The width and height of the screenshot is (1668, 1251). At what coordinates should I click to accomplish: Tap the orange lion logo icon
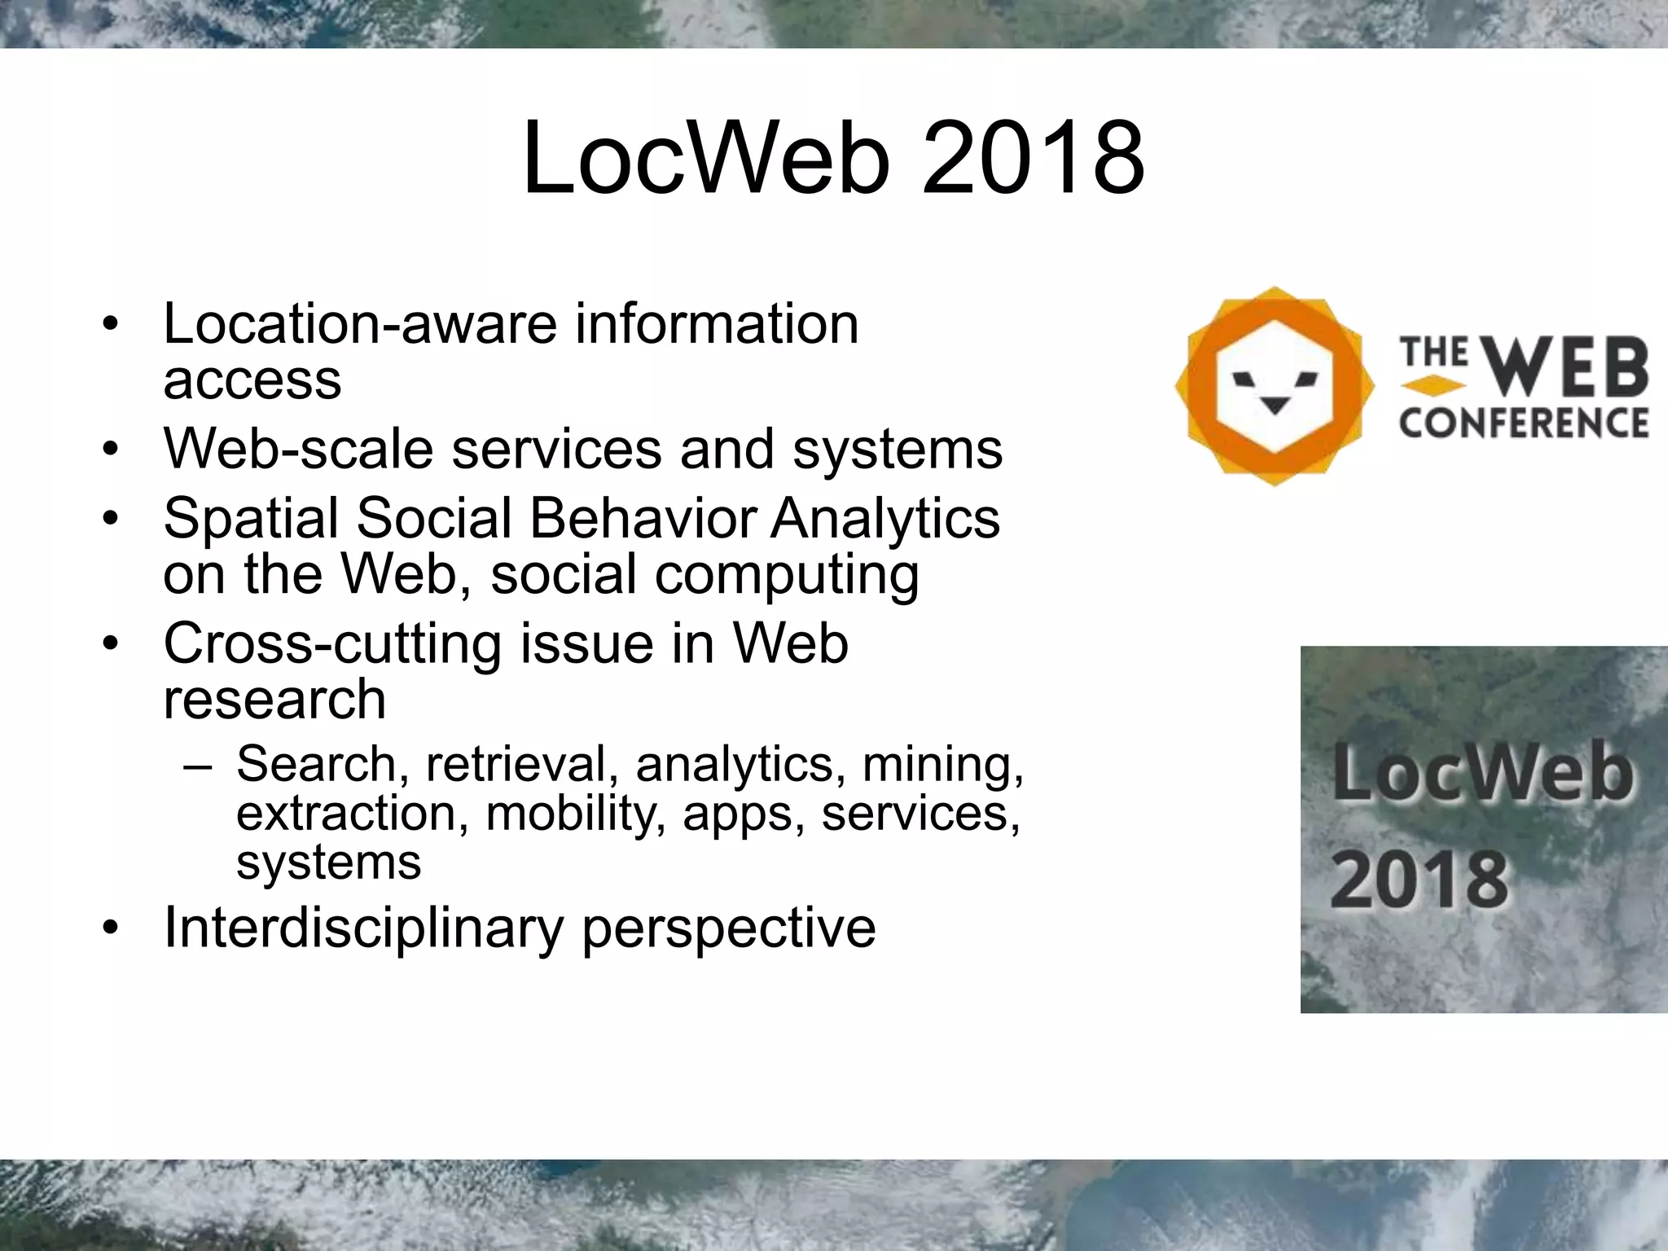tap(1274, 386)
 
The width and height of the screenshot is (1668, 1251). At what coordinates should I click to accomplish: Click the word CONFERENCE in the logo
tap(1524, 424)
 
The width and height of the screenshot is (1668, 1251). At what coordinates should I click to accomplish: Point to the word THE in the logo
tap(1434, 353)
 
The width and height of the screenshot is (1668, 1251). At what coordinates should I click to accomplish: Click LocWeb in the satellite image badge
tap(1482, 773)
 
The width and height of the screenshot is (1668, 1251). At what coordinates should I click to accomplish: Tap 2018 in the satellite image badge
tap(1419, 879)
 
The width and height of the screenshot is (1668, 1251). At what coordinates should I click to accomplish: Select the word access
tap(252, 380)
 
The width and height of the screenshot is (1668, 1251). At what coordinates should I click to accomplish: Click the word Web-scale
tap(298, 449)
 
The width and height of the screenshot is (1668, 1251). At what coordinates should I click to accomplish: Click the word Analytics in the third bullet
tap(885, 520)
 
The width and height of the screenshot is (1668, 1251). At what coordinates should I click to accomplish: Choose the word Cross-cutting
tap(332, 643)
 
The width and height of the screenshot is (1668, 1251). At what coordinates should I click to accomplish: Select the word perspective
tap(729, 928)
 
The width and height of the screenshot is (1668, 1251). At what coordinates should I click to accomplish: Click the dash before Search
tap(198, 766)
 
